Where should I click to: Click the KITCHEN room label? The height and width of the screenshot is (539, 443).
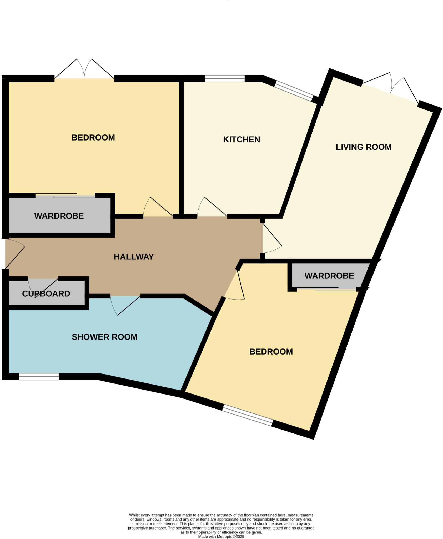tap(241, 139)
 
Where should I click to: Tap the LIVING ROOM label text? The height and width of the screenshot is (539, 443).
tap(363, 147)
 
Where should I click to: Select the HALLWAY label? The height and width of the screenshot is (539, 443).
tap(134, 257)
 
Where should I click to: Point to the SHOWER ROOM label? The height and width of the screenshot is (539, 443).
tap(104, 337)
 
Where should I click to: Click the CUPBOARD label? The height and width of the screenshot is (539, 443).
tap(46, 294)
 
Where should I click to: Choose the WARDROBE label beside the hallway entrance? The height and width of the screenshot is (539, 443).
tap(59, 216)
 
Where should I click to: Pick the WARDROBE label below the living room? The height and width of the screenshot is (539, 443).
tap(329, 276)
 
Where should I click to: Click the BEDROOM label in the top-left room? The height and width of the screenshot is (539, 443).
tap(93, 138)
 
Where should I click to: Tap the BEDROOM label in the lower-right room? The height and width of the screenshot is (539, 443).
tap(271, 352)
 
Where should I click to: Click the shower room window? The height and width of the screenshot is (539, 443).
tap(39, 377)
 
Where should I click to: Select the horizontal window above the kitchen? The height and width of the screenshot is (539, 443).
tap(225, 78)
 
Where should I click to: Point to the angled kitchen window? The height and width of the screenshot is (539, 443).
tap(294, 91)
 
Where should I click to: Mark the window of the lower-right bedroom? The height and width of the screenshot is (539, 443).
tap(247, 416)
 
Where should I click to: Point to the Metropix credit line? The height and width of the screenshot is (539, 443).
tap(221, 536)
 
